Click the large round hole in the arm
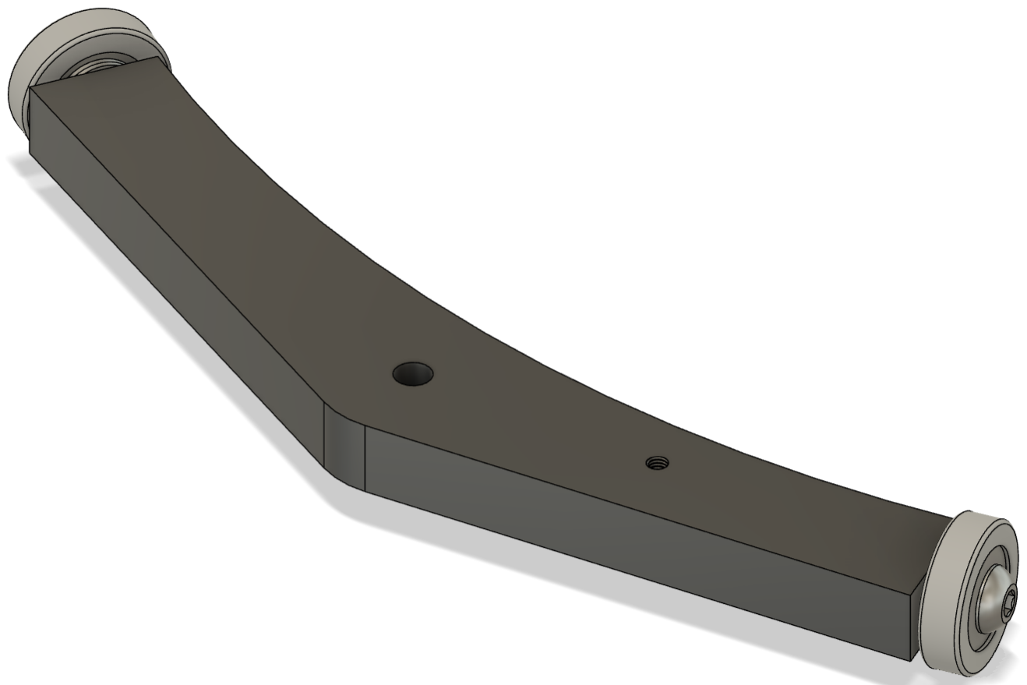413,375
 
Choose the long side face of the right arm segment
623,538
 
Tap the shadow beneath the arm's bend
343,507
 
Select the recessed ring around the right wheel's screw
983,592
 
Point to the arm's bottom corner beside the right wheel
910,660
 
